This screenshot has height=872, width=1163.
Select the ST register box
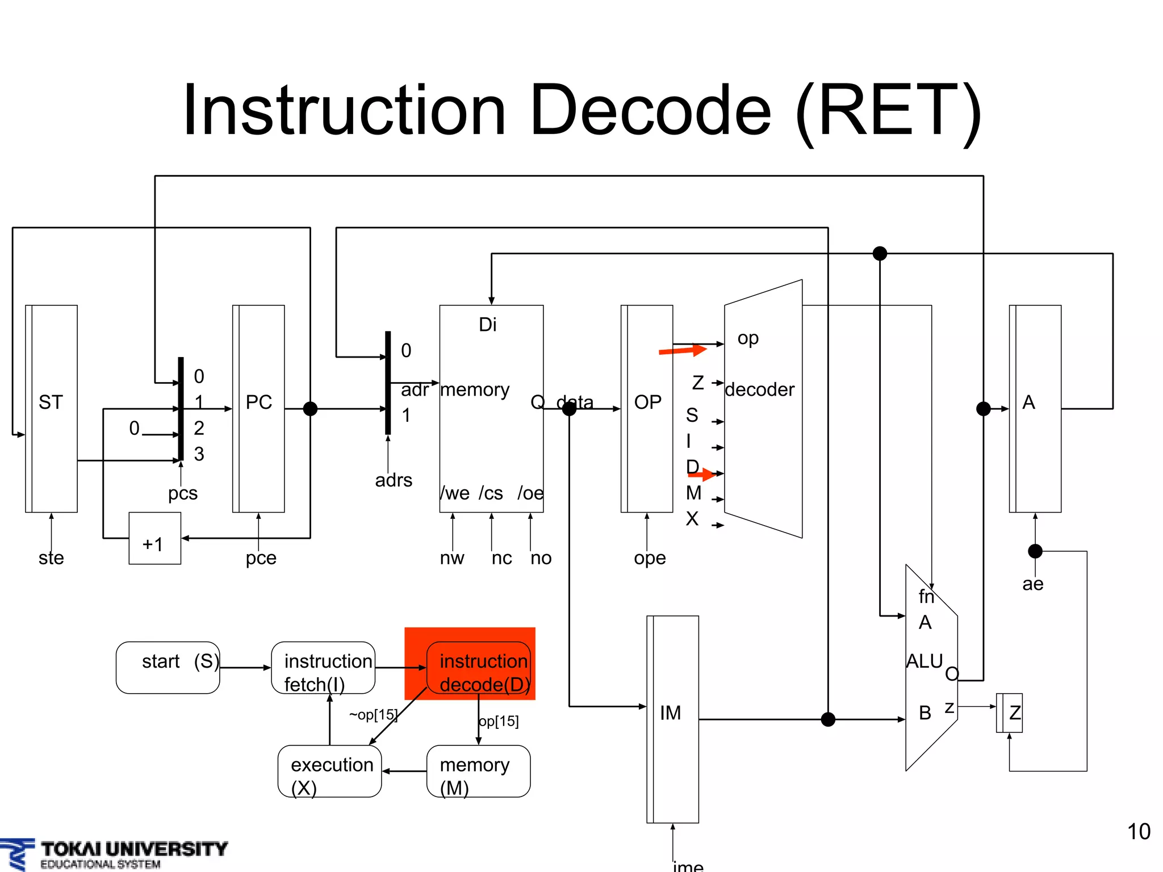pyautogui.click(x=51, y=408)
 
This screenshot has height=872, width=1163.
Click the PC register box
pyautogui.click(x=258, y=408)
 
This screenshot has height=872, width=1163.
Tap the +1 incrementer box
pyautogui.click(x=154, y=538)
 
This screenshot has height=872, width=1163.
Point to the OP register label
pyautogui.click(x=647, y=402)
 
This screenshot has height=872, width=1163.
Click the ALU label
pyautogui.click(x=924, y=661)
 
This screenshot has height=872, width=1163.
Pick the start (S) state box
pyautogui.click(x=168, y=668)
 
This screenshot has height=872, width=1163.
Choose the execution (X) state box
pyautogui.click(x=329, y=771)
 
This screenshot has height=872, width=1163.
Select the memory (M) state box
pyautogui.click(x=478, y=771)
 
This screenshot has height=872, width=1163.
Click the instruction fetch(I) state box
pyautogui.click(x=323, y=668)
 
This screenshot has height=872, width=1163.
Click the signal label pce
pyautogui.click(x=261, y=558)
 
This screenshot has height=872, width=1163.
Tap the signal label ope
pyautogui.click(x=650, y=558)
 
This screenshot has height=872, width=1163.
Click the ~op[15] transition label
pyautogui.click(x=373, y=715)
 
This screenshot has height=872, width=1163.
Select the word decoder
pyautogui.click(x=759, y=389)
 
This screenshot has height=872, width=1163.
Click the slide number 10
pyautogui.click(x=1138, y=832)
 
